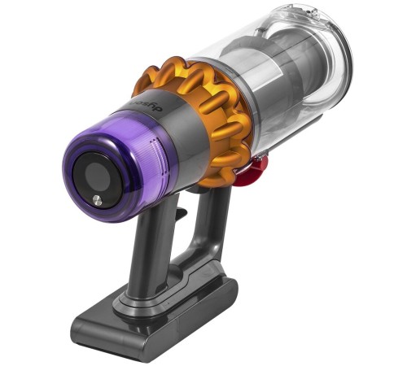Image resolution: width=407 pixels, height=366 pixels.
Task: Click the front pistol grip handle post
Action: click(155, 244)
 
